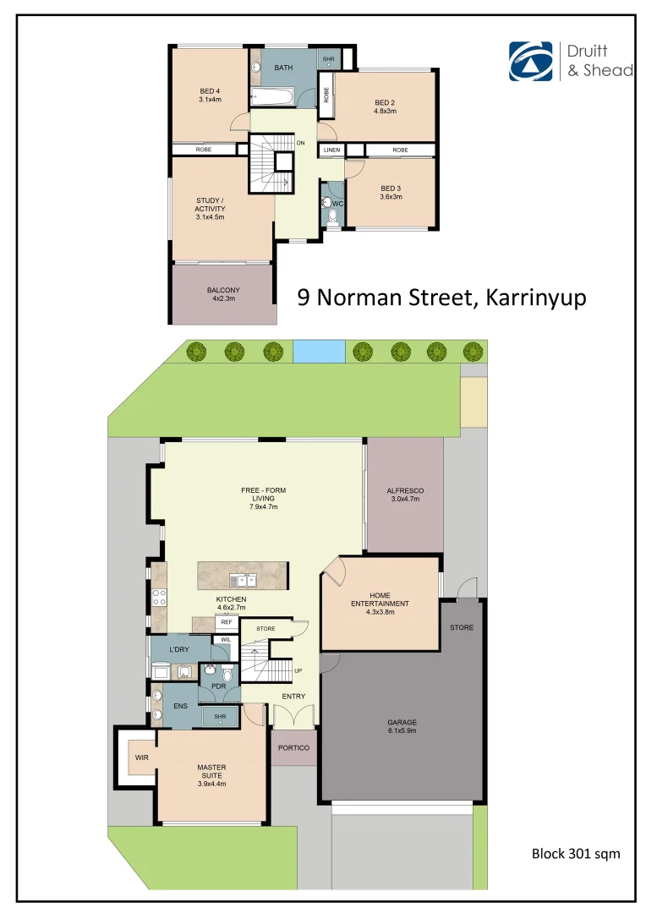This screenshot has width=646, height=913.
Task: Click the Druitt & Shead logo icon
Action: (x=530, y=61)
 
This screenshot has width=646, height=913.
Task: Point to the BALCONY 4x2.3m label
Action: (x=223, y=294)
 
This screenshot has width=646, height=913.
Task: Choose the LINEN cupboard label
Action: (x=331, y=150)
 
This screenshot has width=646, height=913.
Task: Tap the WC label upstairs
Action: (x=337, y=203)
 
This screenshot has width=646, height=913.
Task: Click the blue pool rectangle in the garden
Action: (x=319, y=351)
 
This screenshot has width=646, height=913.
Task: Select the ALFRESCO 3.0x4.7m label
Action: (x=404, y=495)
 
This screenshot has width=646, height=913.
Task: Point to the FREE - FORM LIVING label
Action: (x=263, y=498)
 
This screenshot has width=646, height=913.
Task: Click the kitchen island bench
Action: (x=243, y=576)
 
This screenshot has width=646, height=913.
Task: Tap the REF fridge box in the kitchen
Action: (x=226, y=623)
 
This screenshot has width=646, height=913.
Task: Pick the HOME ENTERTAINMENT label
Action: (x=380, y=599)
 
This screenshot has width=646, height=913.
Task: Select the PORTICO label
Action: (x=294, y=748)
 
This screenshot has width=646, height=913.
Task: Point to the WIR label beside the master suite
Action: (x=142, y=758)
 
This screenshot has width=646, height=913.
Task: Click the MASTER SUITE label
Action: (x=211, y=773)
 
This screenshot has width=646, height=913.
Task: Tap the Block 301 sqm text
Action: (x=575, y=854)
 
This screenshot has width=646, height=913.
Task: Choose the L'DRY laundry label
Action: (x=178, y=648)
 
